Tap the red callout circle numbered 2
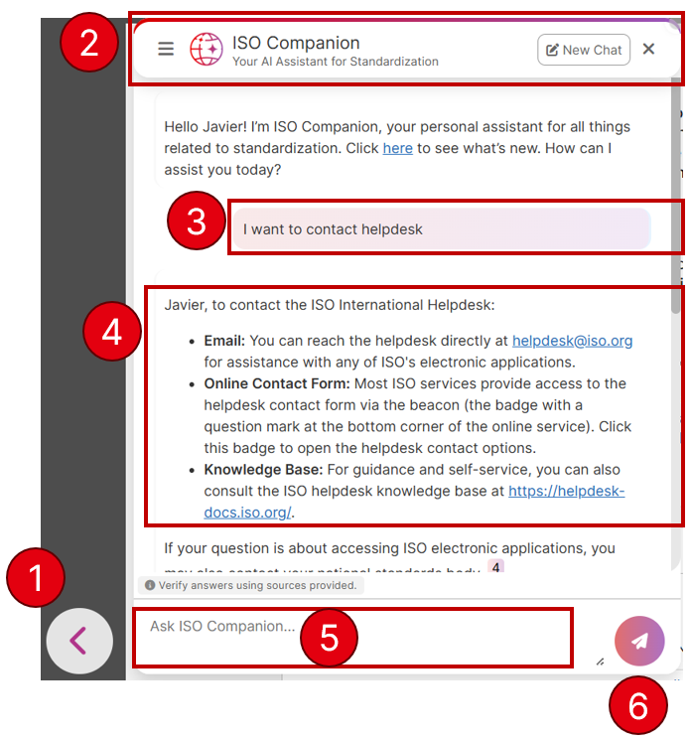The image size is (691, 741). coord(89,45)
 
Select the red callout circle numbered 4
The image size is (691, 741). coord(112,331)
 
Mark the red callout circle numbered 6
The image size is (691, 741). coord(637,706)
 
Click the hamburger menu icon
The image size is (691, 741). coord(166,49)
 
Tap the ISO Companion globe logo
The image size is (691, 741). coord(207,50)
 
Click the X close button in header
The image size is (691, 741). coord(648,49)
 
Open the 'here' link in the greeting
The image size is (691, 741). coord(397,148)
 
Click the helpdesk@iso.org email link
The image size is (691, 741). coord(572,340)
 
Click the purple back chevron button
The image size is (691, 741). coord(79,641)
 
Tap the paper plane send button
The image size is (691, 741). coord(639,641)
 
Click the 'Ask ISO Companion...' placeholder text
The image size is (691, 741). coord(222,626)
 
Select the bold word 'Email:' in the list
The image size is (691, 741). coord(224,340)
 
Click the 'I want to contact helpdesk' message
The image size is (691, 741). coord(333,229)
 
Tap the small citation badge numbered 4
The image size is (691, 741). coord(495,567)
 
